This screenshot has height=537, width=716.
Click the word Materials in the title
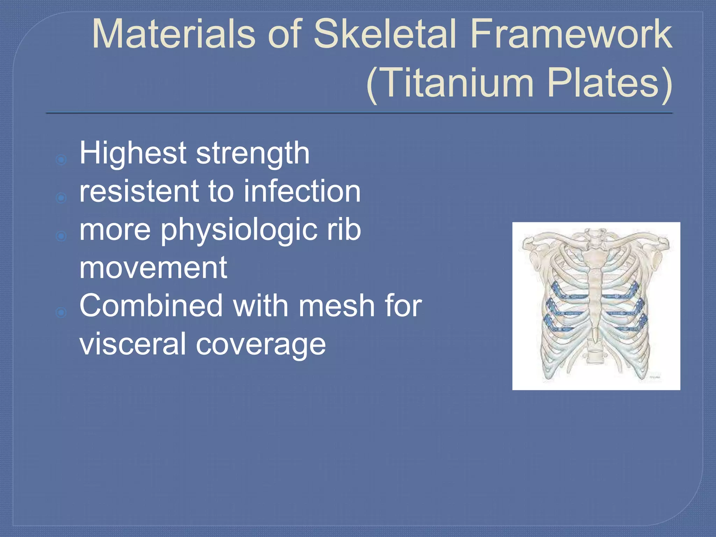click(173, 34)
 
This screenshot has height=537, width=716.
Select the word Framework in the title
click(571, 34)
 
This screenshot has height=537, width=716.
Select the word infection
click(302, 191)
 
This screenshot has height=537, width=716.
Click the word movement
click(153, 268)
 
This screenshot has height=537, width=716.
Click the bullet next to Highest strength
click(61, 160)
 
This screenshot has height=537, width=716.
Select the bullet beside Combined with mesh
click(61, 312)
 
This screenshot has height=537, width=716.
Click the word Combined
click(151, 306)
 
